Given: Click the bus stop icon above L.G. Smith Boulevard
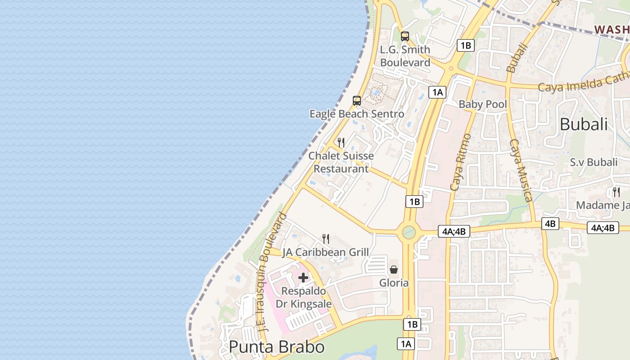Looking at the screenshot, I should [405, 36].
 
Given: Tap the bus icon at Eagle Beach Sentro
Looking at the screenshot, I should [357, 101].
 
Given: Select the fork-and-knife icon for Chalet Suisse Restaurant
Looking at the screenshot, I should [342, 143].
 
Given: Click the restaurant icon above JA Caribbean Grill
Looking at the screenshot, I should [326, 239].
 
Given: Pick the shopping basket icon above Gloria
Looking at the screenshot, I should [394, 270].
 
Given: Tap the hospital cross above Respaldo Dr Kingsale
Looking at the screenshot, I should [303, 278].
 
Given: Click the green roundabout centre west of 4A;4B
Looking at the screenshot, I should [409, 232].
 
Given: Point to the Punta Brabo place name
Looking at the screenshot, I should [276, 347].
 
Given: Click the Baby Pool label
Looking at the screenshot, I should [482, 104].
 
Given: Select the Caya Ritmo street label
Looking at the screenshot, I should [460, 162].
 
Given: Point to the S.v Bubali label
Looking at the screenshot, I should [594, 162].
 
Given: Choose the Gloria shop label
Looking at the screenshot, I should [394, 283].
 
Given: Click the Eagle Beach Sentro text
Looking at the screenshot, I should [356, 114].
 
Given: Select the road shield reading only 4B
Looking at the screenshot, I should [550, 224].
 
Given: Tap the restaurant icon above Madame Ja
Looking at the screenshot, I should [616, 192].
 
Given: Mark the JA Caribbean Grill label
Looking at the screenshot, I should [325, 252].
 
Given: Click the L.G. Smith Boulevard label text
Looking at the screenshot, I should [405, 56].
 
